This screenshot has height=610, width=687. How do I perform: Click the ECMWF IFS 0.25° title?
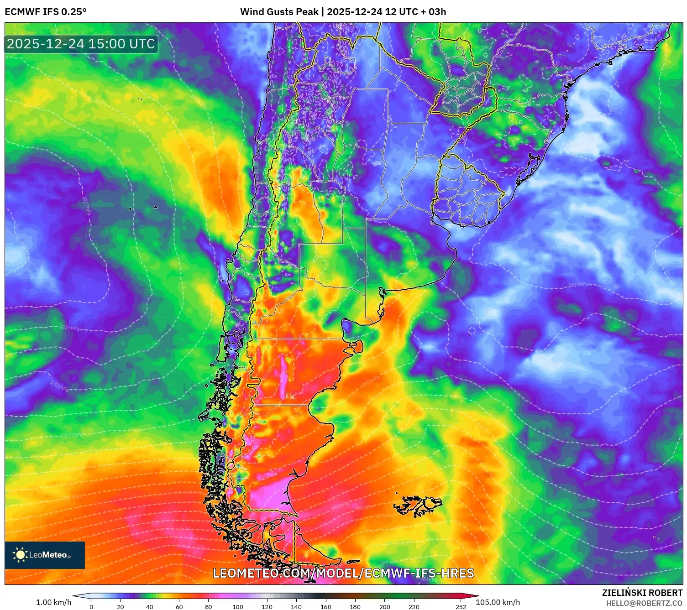click(46, 12)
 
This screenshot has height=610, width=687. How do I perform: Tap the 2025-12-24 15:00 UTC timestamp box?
click(81, 44)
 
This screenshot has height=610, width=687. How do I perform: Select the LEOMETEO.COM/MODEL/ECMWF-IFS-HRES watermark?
click(343, 573)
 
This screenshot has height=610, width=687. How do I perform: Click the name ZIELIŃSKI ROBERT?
click(642, 593)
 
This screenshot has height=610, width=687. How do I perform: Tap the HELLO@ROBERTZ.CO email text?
click(644, 603)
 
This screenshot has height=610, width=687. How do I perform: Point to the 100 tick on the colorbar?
click(238, 607)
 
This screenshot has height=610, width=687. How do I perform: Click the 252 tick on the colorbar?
click(461, 607)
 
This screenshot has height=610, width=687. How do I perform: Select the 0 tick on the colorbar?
click(91, 607)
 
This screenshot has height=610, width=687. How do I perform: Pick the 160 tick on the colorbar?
click(326, 607)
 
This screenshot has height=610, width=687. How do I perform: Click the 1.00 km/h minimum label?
click(54, 602)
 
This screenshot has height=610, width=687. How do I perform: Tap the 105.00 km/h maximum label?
click(498, 602)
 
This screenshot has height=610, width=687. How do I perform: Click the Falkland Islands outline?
click(418, 506)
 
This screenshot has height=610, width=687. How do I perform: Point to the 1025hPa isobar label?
click(69, 328)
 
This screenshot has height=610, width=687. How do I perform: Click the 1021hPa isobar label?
click(59, 386)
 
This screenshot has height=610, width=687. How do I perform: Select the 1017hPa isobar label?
click(72, 435)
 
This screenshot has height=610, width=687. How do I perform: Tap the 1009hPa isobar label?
click(577, 285)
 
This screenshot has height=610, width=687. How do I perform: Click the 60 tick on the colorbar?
click(179, 607)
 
